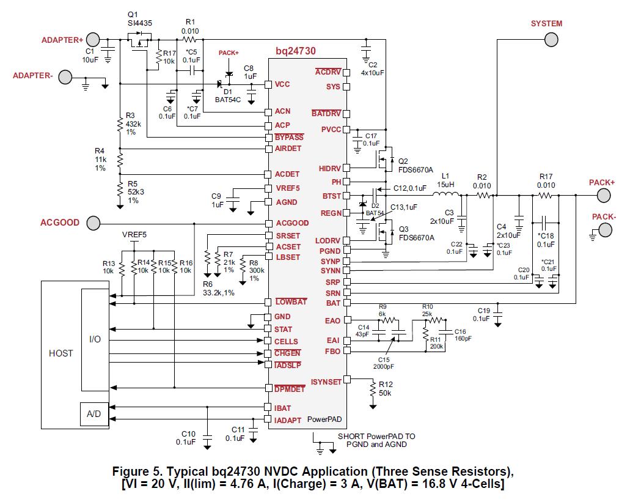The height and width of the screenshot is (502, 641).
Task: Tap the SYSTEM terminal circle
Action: [551, 40]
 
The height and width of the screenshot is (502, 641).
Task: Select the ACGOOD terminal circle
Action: [93, 223]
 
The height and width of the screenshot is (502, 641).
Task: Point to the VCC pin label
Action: [282, 84]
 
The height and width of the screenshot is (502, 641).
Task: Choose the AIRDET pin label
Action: [288, 149]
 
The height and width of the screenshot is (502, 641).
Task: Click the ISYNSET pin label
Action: [326, 382]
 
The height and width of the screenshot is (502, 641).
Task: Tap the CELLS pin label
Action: [286, 342]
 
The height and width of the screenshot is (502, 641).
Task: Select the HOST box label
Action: [60, 353]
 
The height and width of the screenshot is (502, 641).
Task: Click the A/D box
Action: [94, 414]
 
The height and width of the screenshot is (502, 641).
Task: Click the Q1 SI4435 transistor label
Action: [139, 19]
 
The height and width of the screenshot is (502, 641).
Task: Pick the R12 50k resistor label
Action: [386, 389]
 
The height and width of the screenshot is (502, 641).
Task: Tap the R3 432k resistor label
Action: [133, 124]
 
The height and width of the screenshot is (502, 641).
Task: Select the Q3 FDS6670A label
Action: [415, 234]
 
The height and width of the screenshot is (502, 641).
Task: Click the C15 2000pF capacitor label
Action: [384, 363]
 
